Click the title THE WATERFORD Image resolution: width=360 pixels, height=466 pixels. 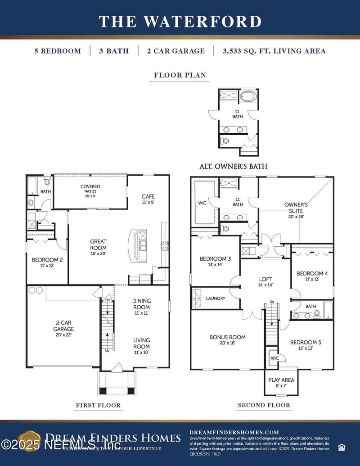pyautogui.click(x=180, y=21)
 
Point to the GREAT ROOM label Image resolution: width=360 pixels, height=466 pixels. pyautogui.click(x=98, y=244)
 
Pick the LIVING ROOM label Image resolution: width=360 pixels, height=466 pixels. pyautogui.click(x=141, y=343)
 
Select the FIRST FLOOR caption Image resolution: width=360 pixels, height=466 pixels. pyautogui.click(x=98, y=405)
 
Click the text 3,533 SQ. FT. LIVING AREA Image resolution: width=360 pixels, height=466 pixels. pyautogui.click(x=274, y=51)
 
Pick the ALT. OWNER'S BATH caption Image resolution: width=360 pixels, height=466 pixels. pyautogui.click(x=233, y=166)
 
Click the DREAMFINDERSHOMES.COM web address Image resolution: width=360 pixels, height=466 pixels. pyautogui.click(x=234, y=432)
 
